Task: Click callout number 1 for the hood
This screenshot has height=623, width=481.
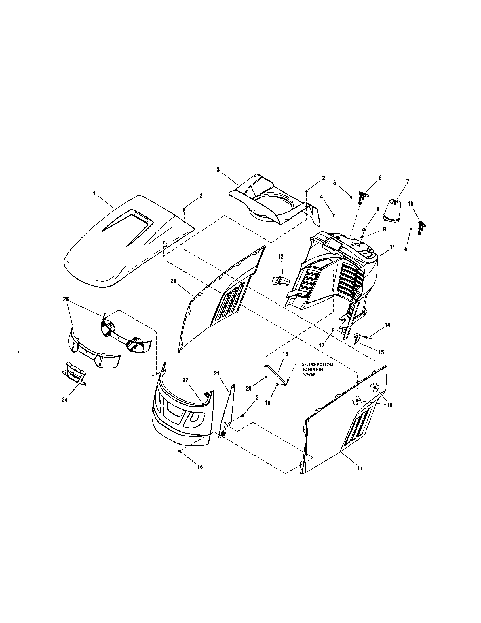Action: tap(94, 193)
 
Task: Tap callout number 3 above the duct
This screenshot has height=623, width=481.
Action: tap(218, 170)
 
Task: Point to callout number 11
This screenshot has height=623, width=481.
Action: tap(392, 247)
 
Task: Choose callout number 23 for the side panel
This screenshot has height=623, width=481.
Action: tap(174, 281)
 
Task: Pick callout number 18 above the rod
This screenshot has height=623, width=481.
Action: tap(285, 354)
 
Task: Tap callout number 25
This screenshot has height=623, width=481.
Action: tap(66, 299)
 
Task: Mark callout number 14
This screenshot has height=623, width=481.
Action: tap(387, 325)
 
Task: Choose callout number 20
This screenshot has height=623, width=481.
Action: tap(249, 388)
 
